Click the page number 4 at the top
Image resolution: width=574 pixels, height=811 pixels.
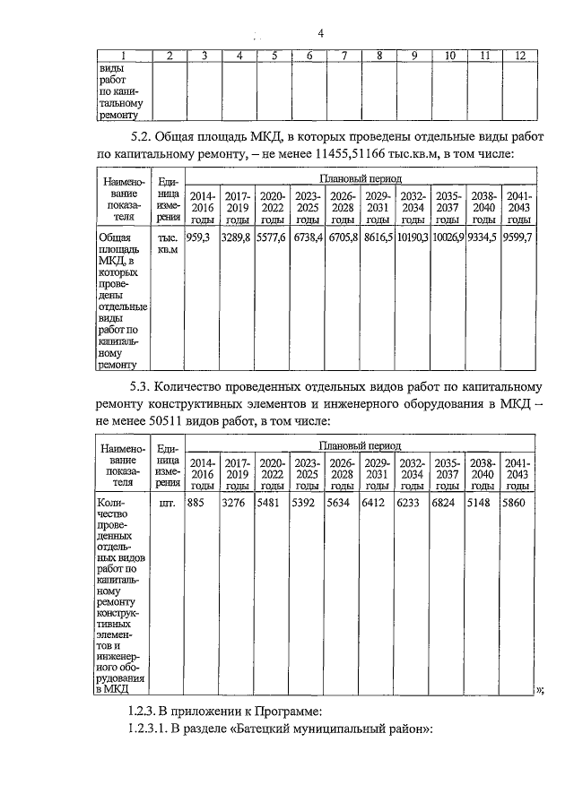click(x=320, y=34)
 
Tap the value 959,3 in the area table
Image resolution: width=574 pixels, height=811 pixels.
click(x=199, y=237)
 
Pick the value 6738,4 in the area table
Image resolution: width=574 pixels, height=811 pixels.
click(x=308, y=237)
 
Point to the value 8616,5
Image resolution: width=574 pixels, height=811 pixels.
click(x=378, y=237)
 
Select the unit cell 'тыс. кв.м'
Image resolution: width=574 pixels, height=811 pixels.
click(x=167, y=244)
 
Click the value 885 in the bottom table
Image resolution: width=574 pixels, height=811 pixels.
click(x=196, y=503)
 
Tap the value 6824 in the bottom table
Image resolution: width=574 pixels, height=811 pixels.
click(x=446, y=503)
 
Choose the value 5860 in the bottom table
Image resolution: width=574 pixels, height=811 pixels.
click(x=516, y=503)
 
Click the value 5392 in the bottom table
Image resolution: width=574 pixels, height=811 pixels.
click(x=305, y=503)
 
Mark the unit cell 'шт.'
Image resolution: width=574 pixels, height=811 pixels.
click(x=166, y=503)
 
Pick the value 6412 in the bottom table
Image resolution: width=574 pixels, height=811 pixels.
click(x=375, y=503)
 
